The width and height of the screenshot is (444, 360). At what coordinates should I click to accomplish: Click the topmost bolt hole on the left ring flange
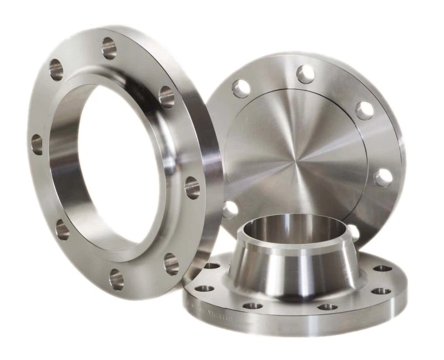pos(109,48)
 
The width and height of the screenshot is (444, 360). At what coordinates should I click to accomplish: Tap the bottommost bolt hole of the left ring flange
pos(117,280)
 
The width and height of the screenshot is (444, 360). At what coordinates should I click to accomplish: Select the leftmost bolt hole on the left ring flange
pos(37,144)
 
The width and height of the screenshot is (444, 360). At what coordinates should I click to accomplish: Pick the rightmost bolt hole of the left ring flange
pos(192,187)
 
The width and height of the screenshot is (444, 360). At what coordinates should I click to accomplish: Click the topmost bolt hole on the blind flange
pos(305,74)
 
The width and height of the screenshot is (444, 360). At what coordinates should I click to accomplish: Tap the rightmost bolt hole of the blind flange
pos(383,178)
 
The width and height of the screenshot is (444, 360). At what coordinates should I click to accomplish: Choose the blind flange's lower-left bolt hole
pos(229,209)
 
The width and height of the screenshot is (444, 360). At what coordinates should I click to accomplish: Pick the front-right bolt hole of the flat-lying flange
pos(327,307)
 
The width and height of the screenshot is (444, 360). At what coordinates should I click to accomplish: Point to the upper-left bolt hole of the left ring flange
pos(56,69)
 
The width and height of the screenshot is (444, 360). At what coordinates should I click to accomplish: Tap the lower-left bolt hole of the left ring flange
pos(62,230)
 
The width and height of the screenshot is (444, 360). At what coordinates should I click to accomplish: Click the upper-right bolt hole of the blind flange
pos(364,109)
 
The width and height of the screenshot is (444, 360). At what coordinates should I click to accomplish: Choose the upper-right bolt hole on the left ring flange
pos(166,97)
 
